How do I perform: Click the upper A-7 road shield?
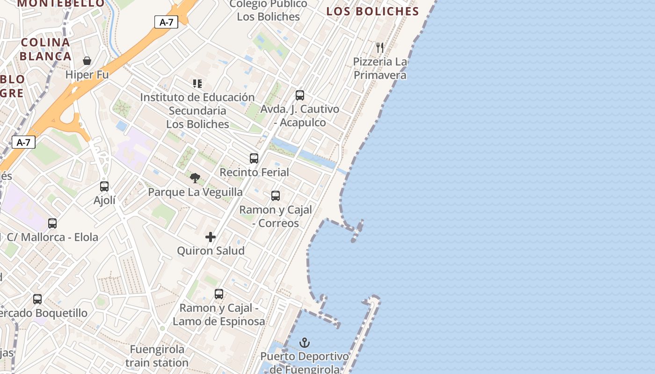pos(166,22)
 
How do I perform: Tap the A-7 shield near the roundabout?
pos(23,142)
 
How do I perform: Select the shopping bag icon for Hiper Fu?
pos(87,61)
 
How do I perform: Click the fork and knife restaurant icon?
pos(380,47)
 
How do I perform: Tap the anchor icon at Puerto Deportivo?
pos(305,343)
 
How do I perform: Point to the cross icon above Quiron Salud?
pos(211,237)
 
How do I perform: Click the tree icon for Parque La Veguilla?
pos(195,178)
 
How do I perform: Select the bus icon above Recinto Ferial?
pos(254,158)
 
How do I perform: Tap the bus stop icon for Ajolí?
pos(104,186)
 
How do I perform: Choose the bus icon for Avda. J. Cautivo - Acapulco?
pos(300,95)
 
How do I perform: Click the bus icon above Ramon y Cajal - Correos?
pos(276,195)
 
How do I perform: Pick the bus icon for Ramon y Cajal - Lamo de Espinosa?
pos(219,294)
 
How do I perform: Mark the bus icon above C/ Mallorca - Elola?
pos(52,223)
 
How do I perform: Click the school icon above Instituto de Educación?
pos(197,84)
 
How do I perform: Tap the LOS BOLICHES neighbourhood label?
pos(372,12)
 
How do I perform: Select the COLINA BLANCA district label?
pos(45,49)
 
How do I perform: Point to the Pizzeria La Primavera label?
pos(380,68)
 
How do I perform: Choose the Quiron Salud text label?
pos(211,251)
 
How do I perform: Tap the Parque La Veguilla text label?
pos(195,192)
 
